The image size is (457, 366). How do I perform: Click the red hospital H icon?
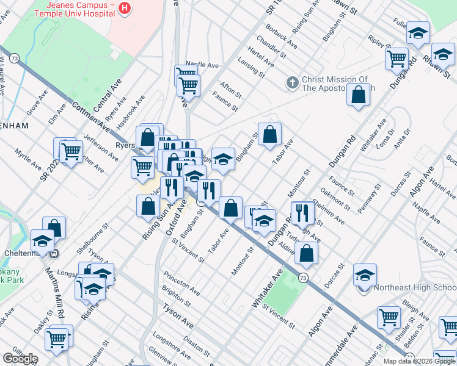[125, 8]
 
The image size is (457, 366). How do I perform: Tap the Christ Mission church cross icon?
[292, 82]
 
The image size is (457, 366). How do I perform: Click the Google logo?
[20, 359]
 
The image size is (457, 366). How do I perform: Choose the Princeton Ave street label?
[181, 281]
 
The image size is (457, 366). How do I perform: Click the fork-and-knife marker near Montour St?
[302, 212]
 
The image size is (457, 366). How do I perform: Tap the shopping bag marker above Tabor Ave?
[269, 134]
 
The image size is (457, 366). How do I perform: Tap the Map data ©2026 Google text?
[419, 361]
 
